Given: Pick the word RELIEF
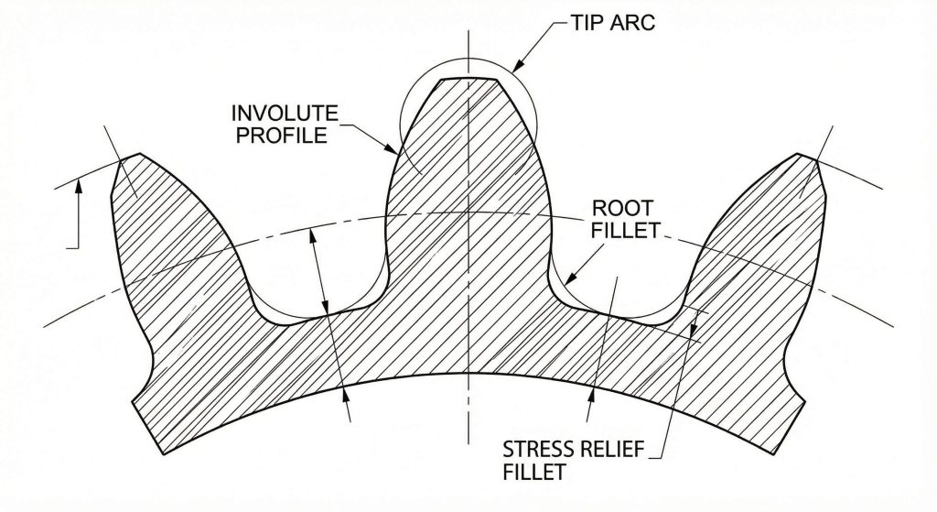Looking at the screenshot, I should tap(619, 450).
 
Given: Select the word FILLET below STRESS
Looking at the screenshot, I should tap(534, 473).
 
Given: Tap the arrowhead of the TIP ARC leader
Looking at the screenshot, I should tap(516, 67).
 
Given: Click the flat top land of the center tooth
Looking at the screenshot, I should tap(468, 80).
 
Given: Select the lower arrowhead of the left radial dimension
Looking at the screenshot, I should tap(345, 391).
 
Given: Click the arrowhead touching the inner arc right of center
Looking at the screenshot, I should tap(591, 392).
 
